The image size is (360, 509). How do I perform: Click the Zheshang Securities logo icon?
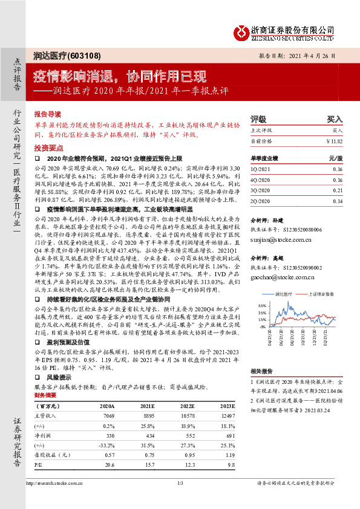[241, 30]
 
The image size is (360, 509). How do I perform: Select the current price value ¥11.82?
[335, 140]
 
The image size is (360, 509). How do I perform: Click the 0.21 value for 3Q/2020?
[338, 189]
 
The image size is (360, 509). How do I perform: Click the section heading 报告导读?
[48, 113]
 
